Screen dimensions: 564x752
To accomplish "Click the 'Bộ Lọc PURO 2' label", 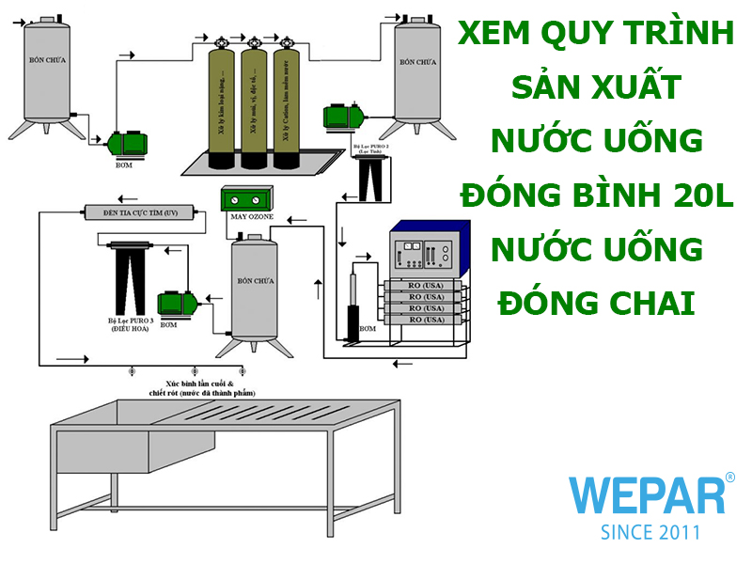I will pos(369,149).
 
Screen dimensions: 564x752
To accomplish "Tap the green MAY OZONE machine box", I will pos(247,199).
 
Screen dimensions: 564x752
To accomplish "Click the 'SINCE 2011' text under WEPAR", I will pos(650,532).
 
